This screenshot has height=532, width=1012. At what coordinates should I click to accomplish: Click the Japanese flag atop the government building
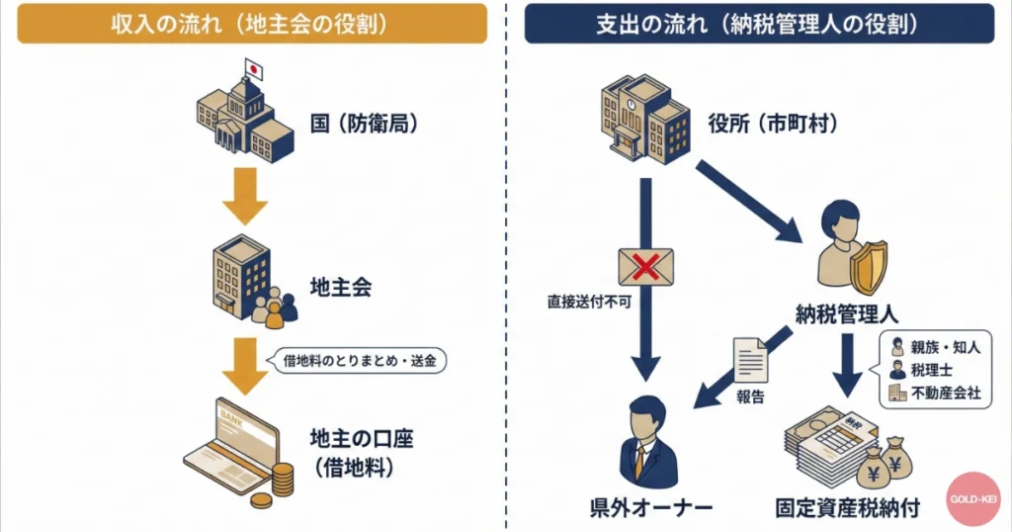(252, 70)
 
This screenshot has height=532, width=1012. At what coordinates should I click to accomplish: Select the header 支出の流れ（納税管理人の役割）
(759, 24)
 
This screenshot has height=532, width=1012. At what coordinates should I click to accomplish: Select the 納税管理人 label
(846, 314)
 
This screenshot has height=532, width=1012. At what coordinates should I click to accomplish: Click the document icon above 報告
(747, 361)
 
